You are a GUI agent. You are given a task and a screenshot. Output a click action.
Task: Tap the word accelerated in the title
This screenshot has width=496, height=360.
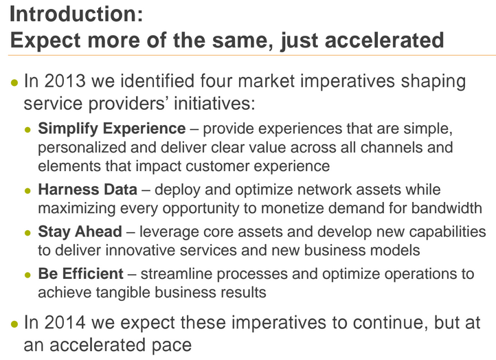(x=384, y=40)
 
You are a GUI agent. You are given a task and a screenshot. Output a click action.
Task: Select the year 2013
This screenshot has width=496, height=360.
(x=65, y=81)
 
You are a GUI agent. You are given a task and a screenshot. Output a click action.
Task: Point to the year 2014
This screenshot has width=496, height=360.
(x=65, y=323)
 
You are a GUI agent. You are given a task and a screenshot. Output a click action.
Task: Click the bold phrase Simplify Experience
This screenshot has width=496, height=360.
(x=112, y=129)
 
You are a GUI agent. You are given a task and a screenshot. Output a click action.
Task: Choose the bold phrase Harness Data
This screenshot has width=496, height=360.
(x=88, y=190)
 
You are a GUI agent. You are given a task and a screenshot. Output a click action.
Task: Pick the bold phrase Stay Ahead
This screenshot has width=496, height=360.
(x=80, y=232)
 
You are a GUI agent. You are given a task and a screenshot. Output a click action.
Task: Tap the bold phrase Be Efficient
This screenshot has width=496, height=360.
(x=80, y=273)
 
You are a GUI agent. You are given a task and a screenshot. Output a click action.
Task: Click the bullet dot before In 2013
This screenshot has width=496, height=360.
(x=14, y=83)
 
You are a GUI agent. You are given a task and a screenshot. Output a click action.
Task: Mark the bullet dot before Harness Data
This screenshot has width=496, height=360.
(x=28, y=191)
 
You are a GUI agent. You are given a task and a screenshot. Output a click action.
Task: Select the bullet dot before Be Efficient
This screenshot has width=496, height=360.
(x=28, y=275)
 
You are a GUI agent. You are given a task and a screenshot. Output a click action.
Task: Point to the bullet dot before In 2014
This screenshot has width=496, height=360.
(x=14, y=324)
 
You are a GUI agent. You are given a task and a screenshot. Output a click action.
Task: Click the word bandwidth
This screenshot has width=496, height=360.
(x=447, y=208)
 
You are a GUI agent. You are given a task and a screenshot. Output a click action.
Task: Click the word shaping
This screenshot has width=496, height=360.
(x=433, y=82)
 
